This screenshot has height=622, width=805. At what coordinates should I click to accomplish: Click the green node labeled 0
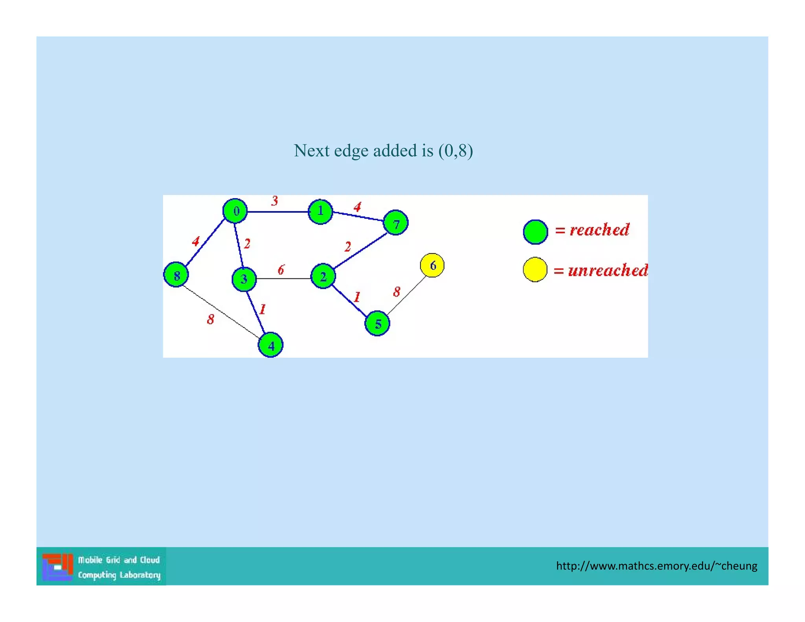click(x=235, y=211)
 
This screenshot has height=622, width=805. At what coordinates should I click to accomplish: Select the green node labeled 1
click(x=320, y=212)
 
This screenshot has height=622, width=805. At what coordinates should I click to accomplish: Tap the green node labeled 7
click(x=395, y=223)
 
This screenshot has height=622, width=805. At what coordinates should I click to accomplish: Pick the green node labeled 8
click(x=176, y=275)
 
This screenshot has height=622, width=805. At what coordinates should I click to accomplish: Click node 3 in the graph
click(x=244, y=279)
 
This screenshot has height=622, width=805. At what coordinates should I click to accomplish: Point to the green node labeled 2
click(x=323, y=276)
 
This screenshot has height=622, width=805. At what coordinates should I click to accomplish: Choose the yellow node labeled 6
click(x=432, y=265)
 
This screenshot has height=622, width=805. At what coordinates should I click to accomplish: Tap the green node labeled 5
click(x=377, y=324)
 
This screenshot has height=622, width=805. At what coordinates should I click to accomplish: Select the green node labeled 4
click(x=270, y=345)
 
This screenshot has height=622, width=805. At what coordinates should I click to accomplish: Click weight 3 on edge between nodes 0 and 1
click(x=274, y=201)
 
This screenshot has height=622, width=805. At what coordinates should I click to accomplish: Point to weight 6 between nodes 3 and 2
click(x=281, y=270)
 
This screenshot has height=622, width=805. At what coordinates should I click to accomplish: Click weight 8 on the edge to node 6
click(x=397, y=292)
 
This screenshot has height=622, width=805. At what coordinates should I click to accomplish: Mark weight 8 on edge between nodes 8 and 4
click(x=211, y=319)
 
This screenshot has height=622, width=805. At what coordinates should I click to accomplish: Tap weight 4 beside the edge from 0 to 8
click(x=196, y=241)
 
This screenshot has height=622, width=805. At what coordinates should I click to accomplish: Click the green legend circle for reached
click(x=535, y=232)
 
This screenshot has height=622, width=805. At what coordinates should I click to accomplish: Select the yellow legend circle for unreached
click(x=535, y=270)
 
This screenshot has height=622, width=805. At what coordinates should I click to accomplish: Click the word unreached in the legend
click(x=608, y=271)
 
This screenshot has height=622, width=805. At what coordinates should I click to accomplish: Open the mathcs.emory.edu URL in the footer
click(x=656, y=566)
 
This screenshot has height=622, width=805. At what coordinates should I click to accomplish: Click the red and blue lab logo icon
click(x=58, y=567)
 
